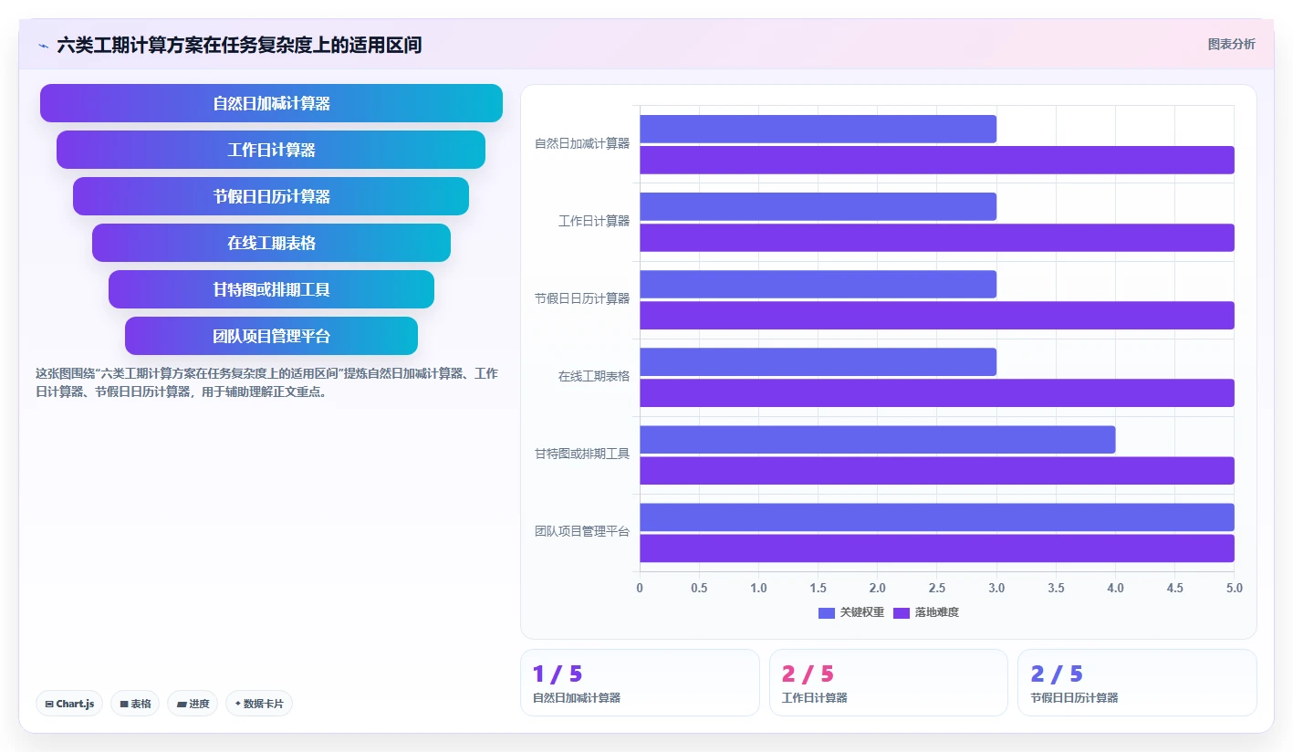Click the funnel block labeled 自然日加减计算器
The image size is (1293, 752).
271,103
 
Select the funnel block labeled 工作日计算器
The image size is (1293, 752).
271,150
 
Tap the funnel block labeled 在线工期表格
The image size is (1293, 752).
271,243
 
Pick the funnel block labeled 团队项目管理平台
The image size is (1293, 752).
271,336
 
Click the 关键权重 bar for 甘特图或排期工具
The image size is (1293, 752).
878,440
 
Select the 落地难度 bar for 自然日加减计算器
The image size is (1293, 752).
937,160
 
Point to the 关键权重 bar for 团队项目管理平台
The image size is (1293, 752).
937,517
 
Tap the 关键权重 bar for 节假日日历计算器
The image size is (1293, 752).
818,285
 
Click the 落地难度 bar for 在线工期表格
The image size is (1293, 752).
937,393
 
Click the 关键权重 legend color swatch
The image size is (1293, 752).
827,613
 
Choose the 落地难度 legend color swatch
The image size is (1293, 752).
901,613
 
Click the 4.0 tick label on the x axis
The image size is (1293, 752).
1115,588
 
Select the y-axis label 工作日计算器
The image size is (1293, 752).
594,221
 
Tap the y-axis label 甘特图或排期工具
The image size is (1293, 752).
582,454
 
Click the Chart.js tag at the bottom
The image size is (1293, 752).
69,705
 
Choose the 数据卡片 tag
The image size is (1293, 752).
258,705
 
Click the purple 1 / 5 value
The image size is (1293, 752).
557,674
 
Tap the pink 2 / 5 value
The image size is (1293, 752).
807,674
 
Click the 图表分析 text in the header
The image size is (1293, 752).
1231,45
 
